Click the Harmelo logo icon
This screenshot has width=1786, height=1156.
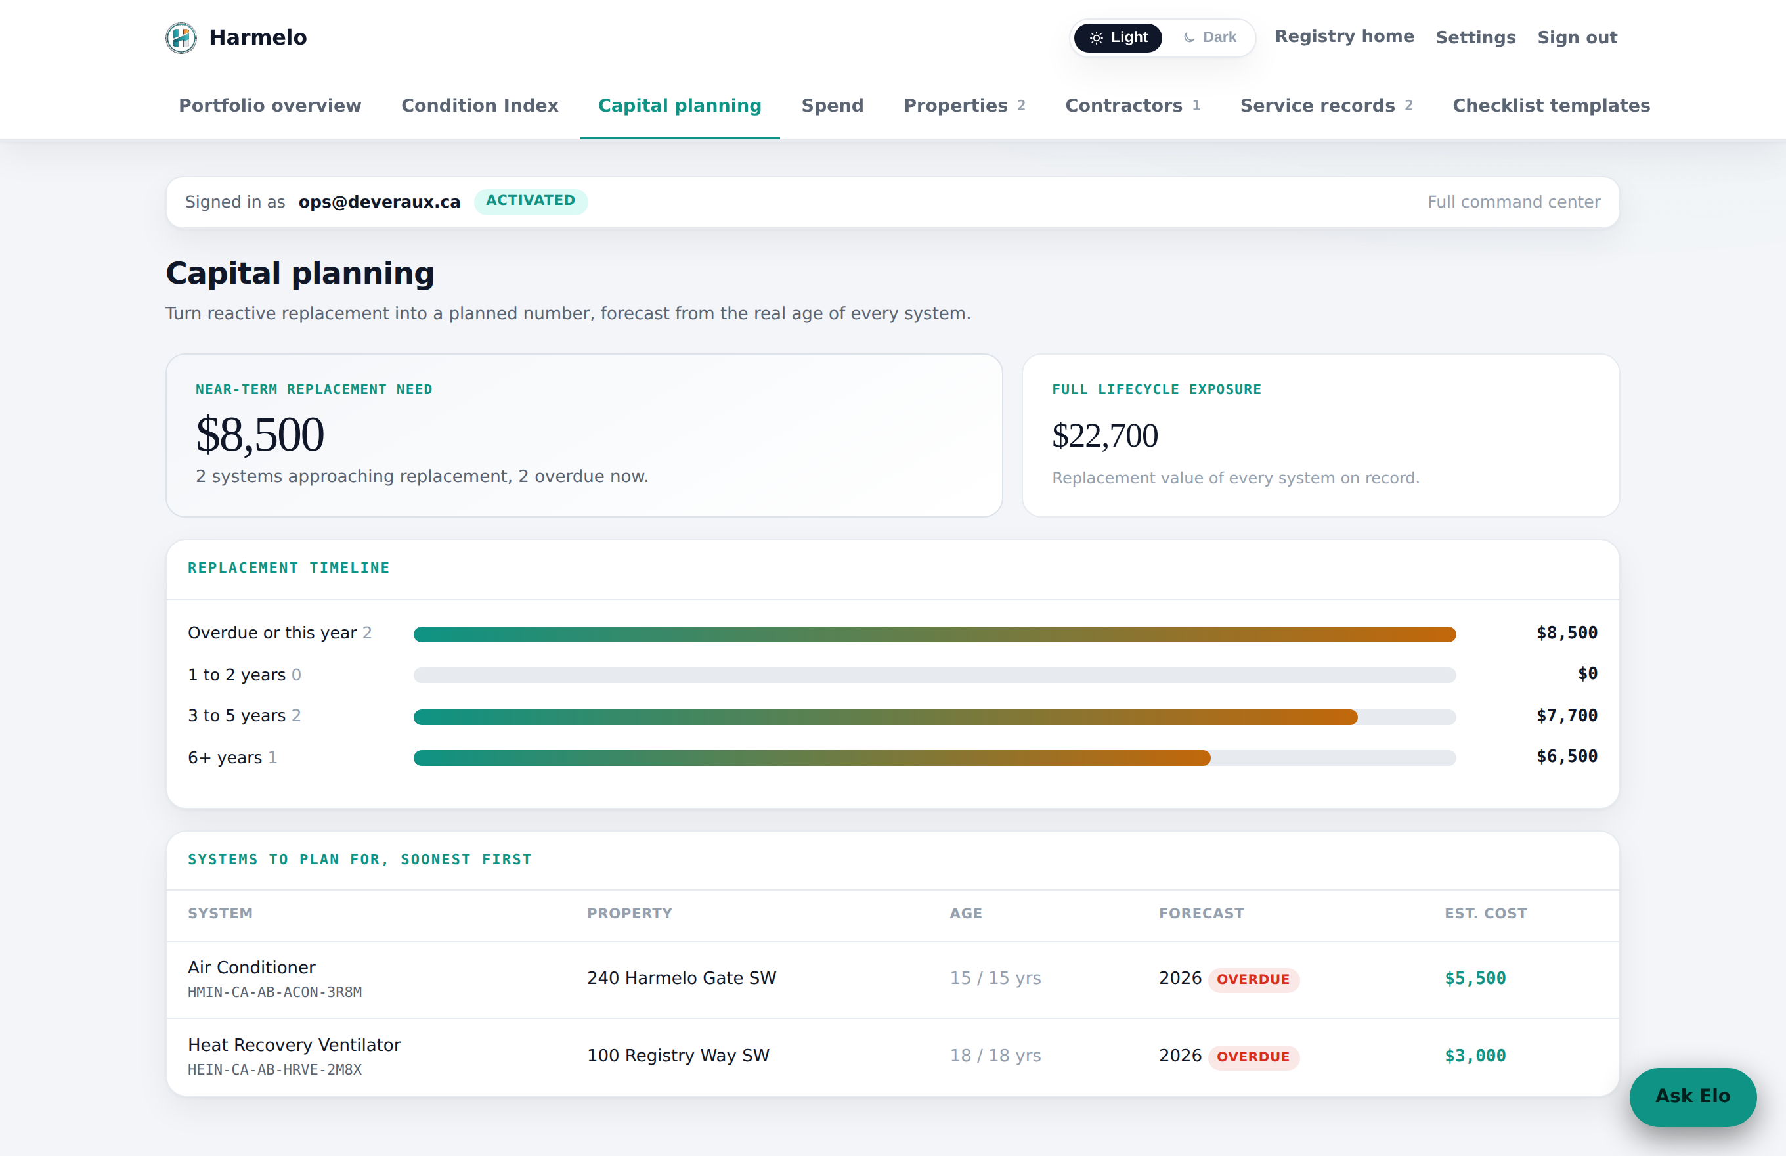(x=181, y=37)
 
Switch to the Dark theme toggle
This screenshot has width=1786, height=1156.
(x=1209, y=37)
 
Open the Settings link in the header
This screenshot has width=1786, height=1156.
(x=1475, y=37)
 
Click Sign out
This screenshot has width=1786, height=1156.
(x=1577, y=37)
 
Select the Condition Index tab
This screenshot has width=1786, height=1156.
(x=479, y=105)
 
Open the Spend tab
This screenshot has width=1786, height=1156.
(x=832, y=105)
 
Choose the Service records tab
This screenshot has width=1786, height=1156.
(x=1326, y=105)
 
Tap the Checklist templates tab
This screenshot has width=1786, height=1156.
(x=1551, y=105)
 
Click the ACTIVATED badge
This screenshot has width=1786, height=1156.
(x=531, y=201)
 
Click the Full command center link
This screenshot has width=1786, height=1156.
(x=1514, y=202)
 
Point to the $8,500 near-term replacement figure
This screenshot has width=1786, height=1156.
(x=259, y=435)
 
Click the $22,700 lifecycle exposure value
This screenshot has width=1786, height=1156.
(x=1104, y=435)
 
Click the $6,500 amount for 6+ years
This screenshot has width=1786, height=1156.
(x=1567, y=757)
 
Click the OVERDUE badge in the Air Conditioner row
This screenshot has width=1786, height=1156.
(x=1253, y=979)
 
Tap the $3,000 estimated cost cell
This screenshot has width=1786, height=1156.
(x=1475, y=1056)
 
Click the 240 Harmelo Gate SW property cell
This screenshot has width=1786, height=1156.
(x=682, y=978)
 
